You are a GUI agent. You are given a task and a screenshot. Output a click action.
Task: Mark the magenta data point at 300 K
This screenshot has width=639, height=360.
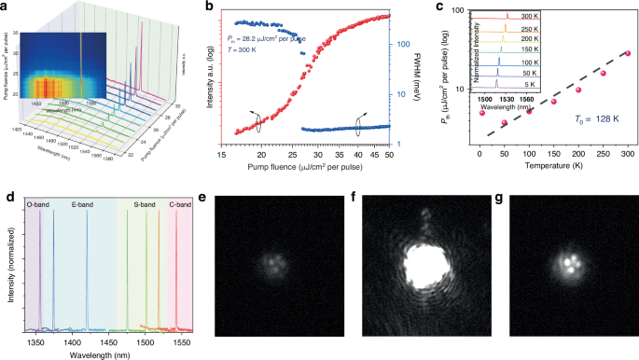point(627,53)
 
